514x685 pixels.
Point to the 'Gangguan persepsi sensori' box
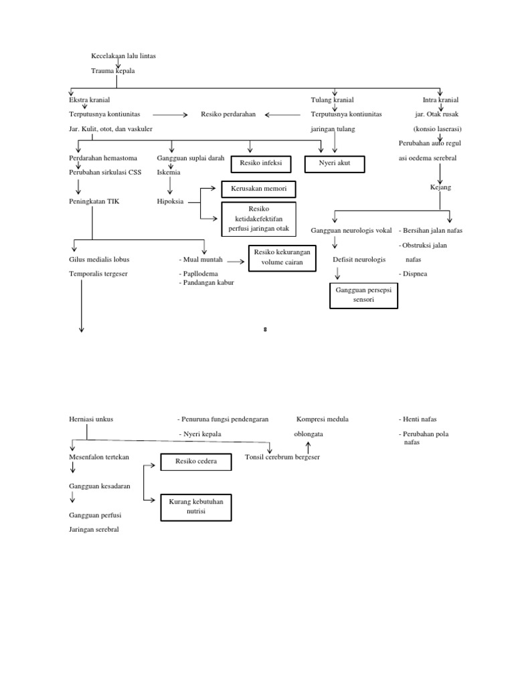pos(363,296)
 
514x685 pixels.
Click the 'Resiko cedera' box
pos(193,462)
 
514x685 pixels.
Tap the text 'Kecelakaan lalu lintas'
pos(127,56)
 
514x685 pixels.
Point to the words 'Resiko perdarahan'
pos(228,114)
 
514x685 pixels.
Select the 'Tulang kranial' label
pos(333,100)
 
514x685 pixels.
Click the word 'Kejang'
pos(440,187)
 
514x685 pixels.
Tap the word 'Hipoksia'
pos(170,201)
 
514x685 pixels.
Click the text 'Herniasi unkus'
pos(92,419)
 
